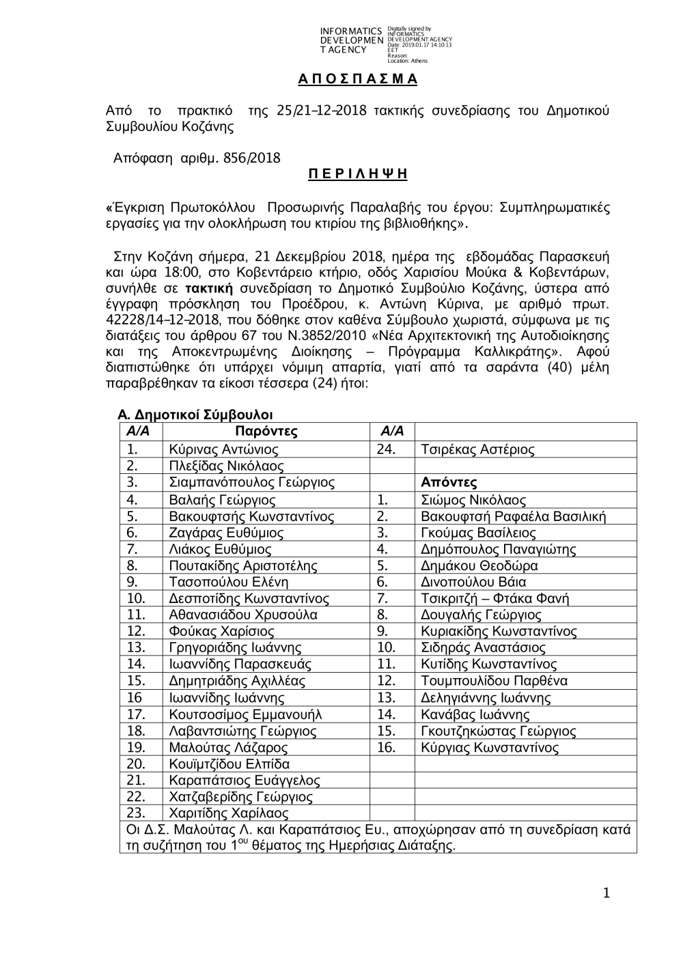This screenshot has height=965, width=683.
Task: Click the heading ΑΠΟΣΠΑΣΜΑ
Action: pyautogui.click(x=358, y=79)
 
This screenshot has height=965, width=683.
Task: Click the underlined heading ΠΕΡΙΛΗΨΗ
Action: pyautogui.click(x=358, y=173)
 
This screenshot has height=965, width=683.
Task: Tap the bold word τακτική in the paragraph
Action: pyautogui.click(x=210, y=288)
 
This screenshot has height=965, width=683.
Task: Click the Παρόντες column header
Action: pyautogui.click(x=266, y=431)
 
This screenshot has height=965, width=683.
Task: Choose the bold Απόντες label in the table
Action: pyautogui.click(x=449, y=482)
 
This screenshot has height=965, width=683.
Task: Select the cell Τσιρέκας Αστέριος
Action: pyautogui.click(x=477, y=449)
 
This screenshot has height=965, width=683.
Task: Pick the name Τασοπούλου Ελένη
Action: pyautogui.click(x=228, y=582)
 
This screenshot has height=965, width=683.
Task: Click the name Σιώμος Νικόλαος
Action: pyautogui.click(x=473, y=500)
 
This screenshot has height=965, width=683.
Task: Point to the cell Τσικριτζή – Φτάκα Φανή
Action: pyautogui.click(x=494, y=598)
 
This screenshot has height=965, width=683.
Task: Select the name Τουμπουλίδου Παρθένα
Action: pyautogui.click(x=494, y=681)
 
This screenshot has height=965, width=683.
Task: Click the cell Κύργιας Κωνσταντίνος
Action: pyautogui.click(x=490, y=747)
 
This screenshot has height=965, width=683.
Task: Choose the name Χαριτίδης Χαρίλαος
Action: pyautogui.click(x=228, y=813)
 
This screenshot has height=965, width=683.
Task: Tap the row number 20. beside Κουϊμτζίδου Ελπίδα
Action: pyautogui.click(x=136, y=764)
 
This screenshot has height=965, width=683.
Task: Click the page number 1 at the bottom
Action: pyautogui.click(x=607, y=893)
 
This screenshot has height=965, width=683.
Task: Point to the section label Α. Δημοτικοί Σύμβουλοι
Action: pyautogui.click(x=195, y=415)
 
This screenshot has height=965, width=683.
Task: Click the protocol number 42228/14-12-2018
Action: pyautogui.click(x=158, y=320)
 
